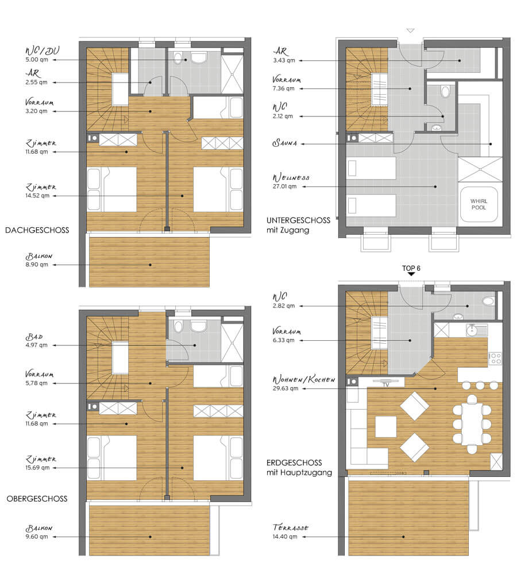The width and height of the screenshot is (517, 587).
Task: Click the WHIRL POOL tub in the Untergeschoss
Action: click(x=479, y=204)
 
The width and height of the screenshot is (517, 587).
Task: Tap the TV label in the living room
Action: click(x=386, y=384)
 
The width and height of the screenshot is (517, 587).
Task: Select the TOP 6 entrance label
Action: click(x=411, y=268)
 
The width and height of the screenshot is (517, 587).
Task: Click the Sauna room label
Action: click(x=285, y=143)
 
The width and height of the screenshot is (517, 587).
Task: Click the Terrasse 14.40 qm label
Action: click(x=291, y=531)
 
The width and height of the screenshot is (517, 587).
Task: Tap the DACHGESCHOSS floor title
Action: click(x=37, y=230)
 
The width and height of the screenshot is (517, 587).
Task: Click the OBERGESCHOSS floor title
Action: click(x=37, y=499)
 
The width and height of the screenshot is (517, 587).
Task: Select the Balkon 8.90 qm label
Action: click(x=38, y=260)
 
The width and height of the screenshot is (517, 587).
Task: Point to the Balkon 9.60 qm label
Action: click(x=38, y=532)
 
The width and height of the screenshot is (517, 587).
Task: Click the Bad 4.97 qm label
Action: click(x=36, y=340)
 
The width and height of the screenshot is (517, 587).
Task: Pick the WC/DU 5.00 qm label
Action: click(x=42, y=55)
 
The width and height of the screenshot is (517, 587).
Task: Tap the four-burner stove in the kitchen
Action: click(x=495, y=358)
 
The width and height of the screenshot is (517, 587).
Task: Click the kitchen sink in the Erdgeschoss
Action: click(x=477, y=330)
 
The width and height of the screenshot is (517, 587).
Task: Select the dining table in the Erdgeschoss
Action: click(x=472, y=423)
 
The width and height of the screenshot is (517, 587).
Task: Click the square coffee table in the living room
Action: click(x=386, y=426)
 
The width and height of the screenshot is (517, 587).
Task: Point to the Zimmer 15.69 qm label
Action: click(x=41, y=463)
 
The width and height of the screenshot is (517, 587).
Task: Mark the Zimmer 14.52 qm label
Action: click(x=41, y=191)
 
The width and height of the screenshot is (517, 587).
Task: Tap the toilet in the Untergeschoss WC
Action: click(x=445, y=92)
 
